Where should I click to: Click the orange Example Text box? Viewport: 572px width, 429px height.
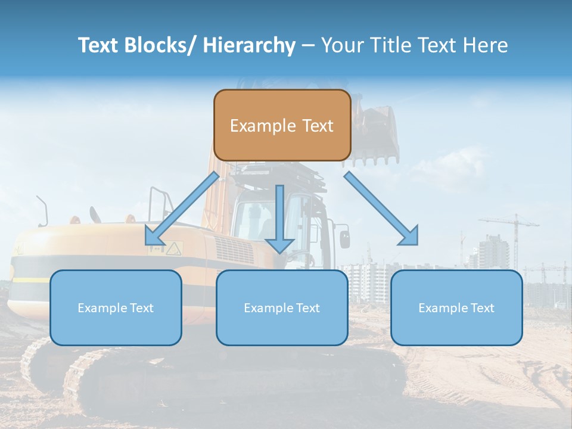click(282, 125)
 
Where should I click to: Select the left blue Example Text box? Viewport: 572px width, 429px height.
click(116, 307)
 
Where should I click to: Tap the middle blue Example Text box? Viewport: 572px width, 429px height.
click(282, 307)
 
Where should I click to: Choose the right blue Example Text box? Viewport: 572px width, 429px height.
click(456, 307)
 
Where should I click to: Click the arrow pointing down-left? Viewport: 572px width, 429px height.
click(182, 209)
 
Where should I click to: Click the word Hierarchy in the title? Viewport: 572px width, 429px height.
click(249, 45)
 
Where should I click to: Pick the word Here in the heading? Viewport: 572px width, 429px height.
click(486, 45)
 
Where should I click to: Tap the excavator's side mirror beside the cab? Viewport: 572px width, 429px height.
click(344, 238)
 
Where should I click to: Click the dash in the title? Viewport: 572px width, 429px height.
click(308, 45)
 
